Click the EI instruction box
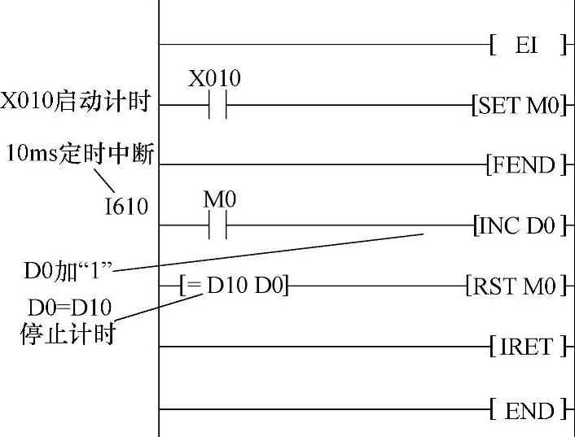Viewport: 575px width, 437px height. pos(528,45)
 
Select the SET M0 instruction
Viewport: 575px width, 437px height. pos(519,106)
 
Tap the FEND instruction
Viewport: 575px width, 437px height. pos(525,166)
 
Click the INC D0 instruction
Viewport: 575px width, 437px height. pos(519,225)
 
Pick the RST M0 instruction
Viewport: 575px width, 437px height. pos(515,286)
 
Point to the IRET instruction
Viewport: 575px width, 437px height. pos(527,347)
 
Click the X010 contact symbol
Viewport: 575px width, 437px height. pos(215,106)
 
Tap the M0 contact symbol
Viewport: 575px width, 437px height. pos(215,225)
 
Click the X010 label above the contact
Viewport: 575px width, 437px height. pos(214,79)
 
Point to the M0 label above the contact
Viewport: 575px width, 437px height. pos(215,198)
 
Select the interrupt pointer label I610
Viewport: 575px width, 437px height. pos(127,208)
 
